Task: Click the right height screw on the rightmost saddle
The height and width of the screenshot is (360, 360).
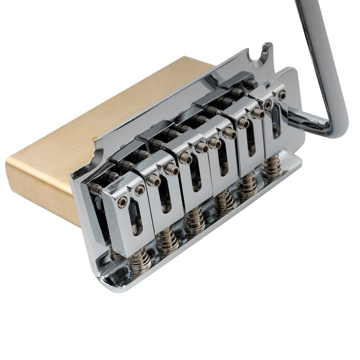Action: point(282,95)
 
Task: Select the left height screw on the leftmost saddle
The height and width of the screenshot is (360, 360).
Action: point(122,202)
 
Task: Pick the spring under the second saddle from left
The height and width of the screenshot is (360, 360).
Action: point(168,239)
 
